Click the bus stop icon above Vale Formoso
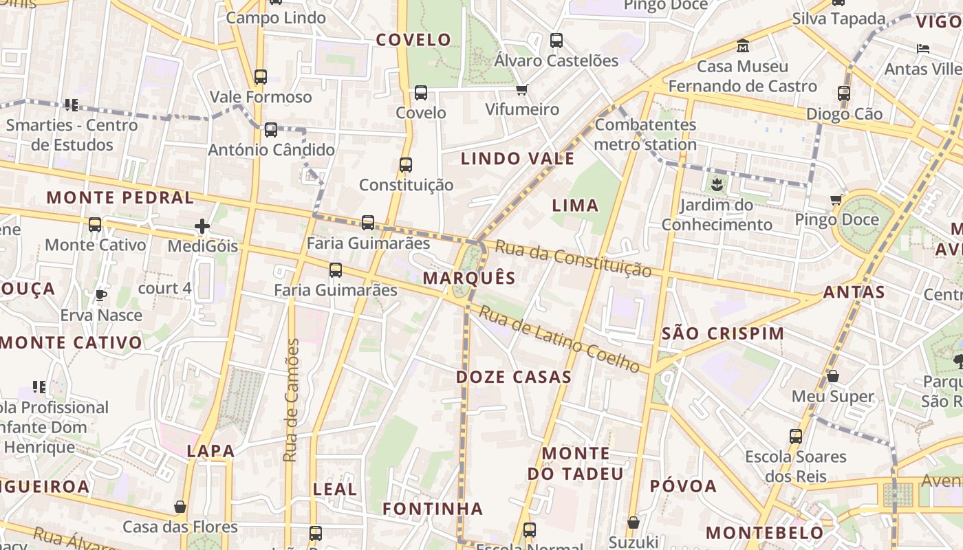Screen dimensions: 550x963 (260, 77)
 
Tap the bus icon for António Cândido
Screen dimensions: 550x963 (271, 129)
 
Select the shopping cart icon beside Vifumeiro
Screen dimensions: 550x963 (522, 89)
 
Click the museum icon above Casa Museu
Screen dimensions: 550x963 (743, 46)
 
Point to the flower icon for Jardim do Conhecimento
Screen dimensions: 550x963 (717, 184)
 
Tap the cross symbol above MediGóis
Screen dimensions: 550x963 (202, 225)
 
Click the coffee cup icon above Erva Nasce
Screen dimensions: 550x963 (101, 295)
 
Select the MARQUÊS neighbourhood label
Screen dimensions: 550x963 (469, 278)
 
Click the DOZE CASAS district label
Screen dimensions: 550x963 (514, 377)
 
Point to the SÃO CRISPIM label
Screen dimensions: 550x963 (722, 333)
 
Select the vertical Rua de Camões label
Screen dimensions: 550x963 (292, 400)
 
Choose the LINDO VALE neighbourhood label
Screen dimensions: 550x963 (517, 159)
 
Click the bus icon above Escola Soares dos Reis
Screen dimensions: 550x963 (796, 436)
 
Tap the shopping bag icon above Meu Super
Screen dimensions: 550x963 (832, 376)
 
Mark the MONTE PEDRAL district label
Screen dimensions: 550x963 (120, 198)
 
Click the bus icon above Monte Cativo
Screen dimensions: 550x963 (95, 224)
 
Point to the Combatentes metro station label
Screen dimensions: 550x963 (645, 135)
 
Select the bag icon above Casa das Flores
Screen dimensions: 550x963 (180, 507)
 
